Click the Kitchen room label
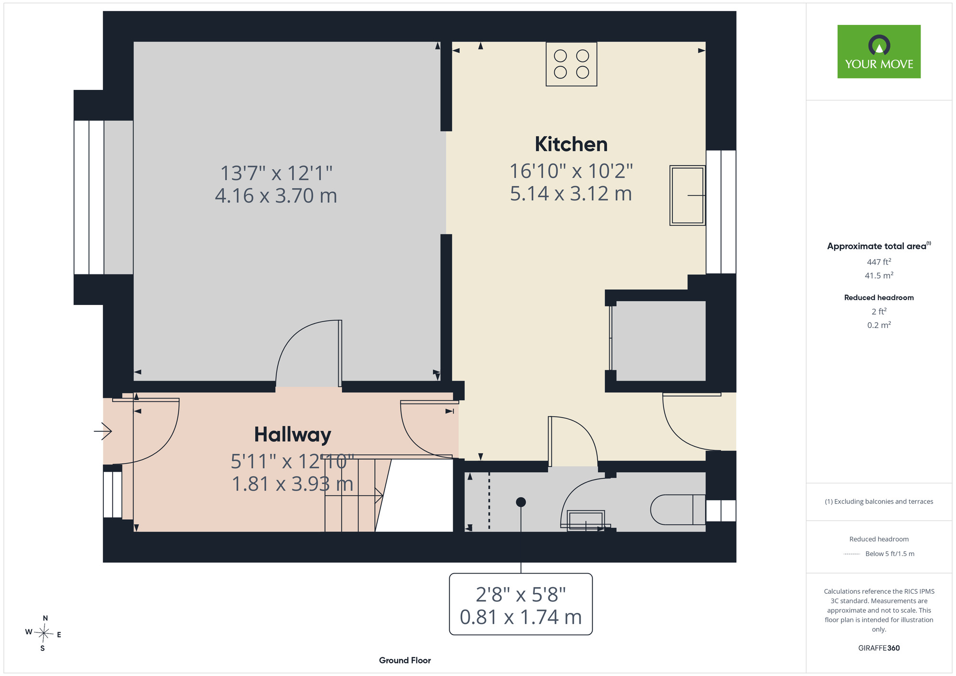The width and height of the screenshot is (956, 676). click(571, 144)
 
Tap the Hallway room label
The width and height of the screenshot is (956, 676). click(293, 435)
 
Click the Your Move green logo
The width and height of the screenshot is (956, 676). click(879, 52)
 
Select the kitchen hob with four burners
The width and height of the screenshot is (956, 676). click(571, 64)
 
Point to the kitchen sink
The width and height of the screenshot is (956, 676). click(687, 195)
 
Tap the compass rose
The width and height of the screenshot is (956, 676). click(43, 633)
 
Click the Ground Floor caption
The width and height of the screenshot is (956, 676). click(405, 660)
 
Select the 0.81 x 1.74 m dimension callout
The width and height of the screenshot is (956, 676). click(521, 604)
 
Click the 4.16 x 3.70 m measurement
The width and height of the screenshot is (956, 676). click(276, 196)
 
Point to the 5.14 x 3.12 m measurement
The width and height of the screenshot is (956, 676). click(571, 194)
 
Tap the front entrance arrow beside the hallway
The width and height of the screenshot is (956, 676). click(103, 431)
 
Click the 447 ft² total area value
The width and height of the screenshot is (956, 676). click(879, 262)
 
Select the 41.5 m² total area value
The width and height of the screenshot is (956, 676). click(879, 275)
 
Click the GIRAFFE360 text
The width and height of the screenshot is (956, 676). click(879, 648)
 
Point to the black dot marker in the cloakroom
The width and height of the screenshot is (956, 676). click(521, 502)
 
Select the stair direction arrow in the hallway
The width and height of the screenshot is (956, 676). click(354, 496)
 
